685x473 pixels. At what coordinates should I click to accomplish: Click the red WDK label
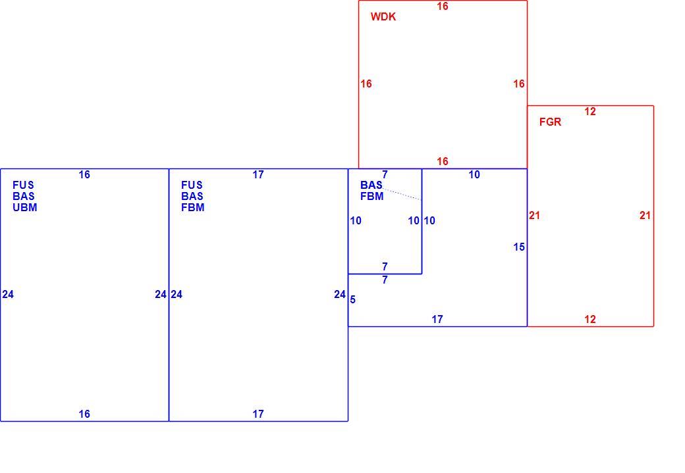[x=383, y=16]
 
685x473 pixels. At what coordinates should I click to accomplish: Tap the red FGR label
[x=550, y=122]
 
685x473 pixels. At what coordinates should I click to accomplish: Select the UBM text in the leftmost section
[x=25, y=208]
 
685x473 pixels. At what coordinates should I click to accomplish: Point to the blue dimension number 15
[x=519, y=247]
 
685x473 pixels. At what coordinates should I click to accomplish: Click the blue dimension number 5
[x=352, y=300]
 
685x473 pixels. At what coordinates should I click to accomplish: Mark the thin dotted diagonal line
[x=402, y=194]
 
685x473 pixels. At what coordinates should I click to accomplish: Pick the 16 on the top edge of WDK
[x=443, y=6]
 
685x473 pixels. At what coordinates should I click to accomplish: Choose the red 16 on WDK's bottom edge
[x=443, y=161]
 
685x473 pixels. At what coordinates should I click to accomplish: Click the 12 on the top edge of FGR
[x=590, y=112]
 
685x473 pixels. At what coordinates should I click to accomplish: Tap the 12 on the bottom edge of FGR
[x=590, y=320]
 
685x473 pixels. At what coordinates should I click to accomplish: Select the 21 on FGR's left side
[x=534, y=215]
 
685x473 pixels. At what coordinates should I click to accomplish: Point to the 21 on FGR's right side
[x=645, y=215]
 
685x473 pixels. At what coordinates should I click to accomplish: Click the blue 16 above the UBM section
[x=84, y=174]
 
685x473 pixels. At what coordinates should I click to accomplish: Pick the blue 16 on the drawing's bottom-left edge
[x=84, y=414]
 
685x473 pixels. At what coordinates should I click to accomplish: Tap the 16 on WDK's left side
[x=366, y=84]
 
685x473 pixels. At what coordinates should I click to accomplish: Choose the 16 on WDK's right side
[x=519, y=84]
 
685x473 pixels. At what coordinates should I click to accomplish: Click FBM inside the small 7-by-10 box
[x=371, y=196]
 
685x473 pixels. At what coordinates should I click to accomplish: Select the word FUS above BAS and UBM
[x=23, y=185]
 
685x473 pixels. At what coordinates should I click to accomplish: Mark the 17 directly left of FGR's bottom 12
[x=437, y=320]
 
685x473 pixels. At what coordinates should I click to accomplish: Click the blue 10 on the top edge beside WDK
[x=474, y=174]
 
